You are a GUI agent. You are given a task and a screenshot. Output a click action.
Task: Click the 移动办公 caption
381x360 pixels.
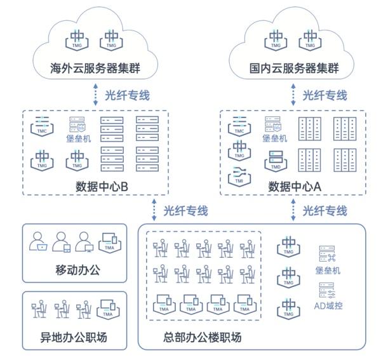pos(79,271)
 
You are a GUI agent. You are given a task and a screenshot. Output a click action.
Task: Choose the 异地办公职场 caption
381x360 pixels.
pos(79,337)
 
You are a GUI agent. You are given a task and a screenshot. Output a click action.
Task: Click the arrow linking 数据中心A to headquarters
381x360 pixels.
pos(293,210)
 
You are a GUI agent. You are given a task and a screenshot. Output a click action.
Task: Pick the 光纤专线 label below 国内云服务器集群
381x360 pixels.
pos(324,95)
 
